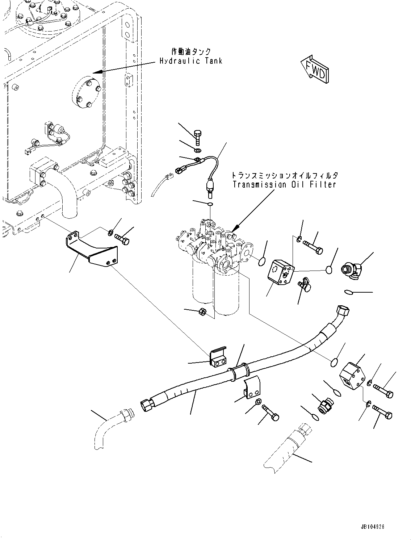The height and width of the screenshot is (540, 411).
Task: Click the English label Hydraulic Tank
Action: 191,61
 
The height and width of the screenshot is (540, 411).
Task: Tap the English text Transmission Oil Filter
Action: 285,184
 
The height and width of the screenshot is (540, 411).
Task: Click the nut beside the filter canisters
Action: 203,311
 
